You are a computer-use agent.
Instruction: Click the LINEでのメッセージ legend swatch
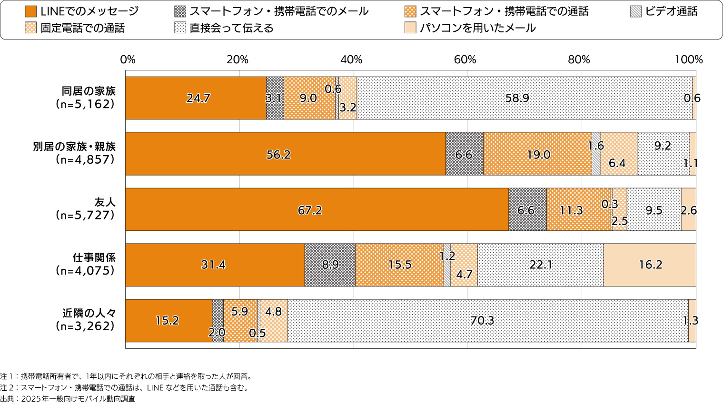click(30, 11)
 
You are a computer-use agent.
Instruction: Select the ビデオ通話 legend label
click(671, 11)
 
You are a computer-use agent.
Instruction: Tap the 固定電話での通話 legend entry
click(82, 28)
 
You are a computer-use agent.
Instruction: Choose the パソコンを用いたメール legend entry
click(477, 28)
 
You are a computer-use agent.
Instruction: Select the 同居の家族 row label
click(89, 91)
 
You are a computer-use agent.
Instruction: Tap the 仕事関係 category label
click(94, 257)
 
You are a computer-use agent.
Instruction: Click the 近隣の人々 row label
click(89, 313)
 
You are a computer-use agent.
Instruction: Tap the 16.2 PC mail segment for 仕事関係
click(650, 265)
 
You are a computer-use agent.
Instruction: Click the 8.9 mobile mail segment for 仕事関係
click(330, 265)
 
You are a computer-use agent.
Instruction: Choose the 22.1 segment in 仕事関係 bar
click(540, 265)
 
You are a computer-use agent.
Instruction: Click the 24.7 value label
click(198, 98)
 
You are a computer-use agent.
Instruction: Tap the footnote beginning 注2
click(124, 387)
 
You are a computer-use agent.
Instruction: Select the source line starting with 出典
click(68, 399)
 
